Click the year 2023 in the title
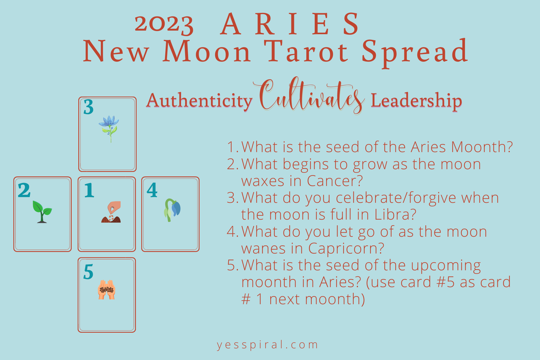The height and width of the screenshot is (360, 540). (164, 24)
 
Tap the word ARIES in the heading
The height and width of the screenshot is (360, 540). (290, 24)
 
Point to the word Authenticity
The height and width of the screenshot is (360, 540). (199, 100)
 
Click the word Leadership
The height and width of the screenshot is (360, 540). (416, 100)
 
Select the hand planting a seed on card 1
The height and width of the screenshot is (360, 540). (111, 212)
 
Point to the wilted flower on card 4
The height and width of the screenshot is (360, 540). (172, 210)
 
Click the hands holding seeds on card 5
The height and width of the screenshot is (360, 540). (106, 290)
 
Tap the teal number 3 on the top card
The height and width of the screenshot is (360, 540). (88, 107)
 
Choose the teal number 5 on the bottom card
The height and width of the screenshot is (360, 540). (88, 272)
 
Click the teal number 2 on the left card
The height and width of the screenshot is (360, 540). (24, 190)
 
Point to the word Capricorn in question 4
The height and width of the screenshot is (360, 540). (346, 249)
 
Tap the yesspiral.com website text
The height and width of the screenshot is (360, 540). (267, 345)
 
